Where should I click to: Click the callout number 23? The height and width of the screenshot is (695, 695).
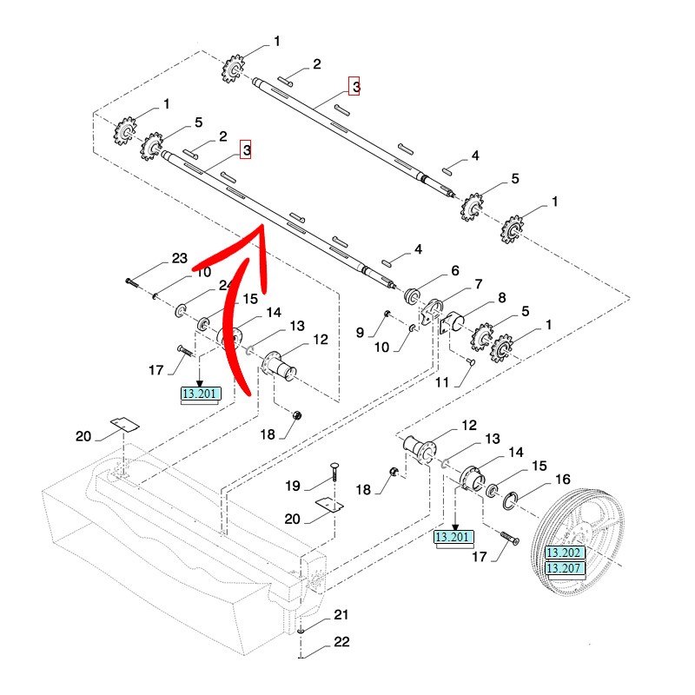coord(179,259)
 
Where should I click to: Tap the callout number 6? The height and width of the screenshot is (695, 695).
coord(454,270)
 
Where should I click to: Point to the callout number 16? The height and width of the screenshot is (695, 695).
coord(562,479)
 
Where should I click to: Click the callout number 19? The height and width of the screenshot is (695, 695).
coord(294,486)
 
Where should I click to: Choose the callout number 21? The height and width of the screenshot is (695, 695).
coord(341,615)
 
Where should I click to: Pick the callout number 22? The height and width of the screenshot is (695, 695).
coord(341,643)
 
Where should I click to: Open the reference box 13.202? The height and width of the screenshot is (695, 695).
coord(564,553)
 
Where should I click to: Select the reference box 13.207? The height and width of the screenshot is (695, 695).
coord(564,568)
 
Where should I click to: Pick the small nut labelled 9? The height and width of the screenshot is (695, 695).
coord(387,313)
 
